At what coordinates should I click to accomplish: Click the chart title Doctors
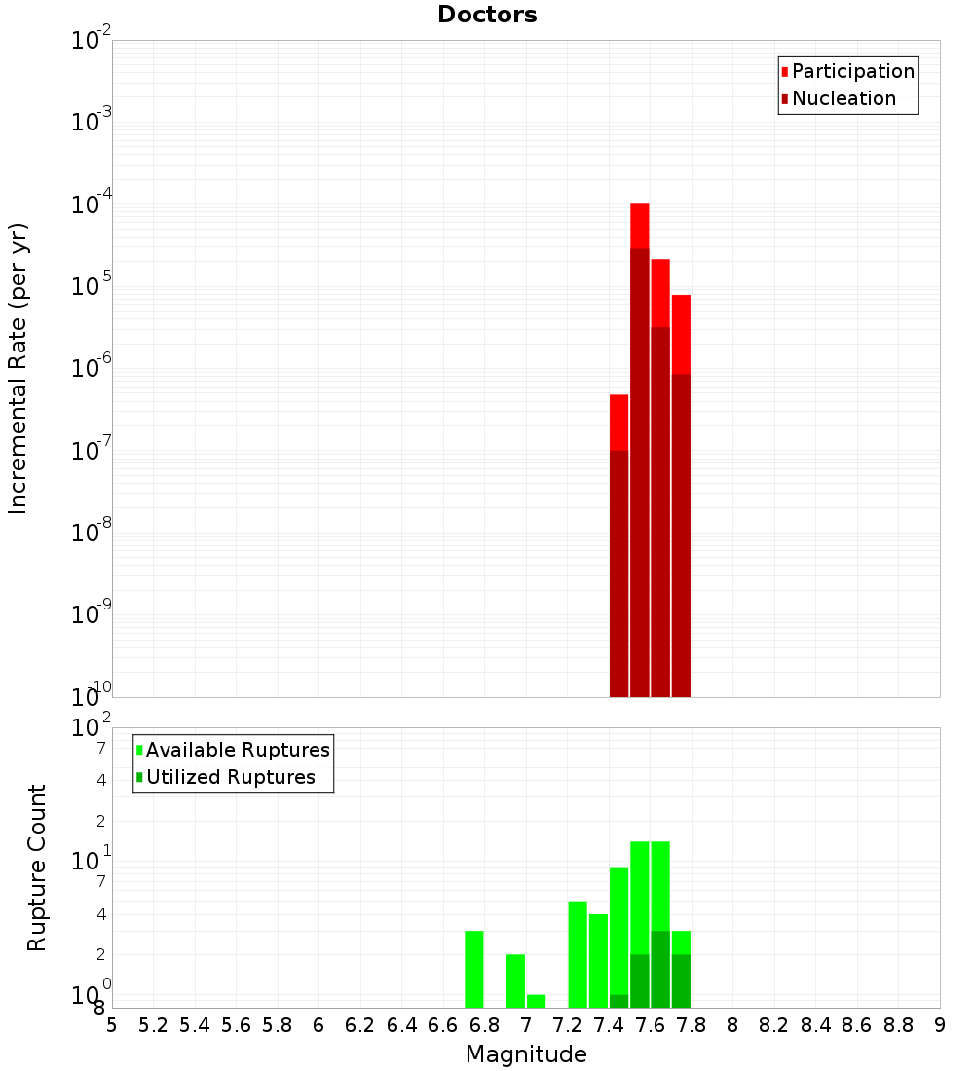tap(487, 15)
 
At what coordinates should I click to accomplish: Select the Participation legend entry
tap(852, 71)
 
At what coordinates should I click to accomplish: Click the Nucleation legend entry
tap(843, 98)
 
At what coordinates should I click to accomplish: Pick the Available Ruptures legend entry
tap(237, 750)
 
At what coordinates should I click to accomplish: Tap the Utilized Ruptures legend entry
tap(230, 777)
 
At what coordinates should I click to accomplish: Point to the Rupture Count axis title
tap(37, 868)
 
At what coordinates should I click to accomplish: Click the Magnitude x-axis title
tap(526, 1054)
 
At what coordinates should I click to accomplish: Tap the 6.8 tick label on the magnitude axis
tap(484, 1025)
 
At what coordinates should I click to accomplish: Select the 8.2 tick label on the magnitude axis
tap(774, 1025)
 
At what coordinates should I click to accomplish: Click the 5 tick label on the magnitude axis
tap(112, 1025)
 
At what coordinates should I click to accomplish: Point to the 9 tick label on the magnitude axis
tap(940, 1025)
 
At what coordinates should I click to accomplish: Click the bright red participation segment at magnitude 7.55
tap(640, 226)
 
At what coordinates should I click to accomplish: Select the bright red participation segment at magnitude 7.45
tap(618, 422)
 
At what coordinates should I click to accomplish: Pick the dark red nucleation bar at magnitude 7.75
tap(681, 535)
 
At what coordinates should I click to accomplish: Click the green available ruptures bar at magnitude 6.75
tap(474, 969)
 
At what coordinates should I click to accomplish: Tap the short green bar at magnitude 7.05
tap(536, 1001)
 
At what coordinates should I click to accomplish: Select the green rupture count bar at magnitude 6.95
tap(515, 980)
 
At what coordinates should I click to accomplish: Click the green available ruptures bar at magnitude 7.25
tap(578, 954)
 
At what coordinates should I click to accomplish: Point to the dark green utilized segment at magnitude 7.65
tap(660, 970)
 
